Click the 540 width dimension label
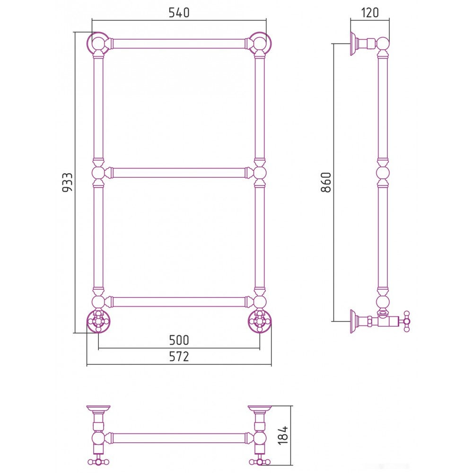(x=179, y=13)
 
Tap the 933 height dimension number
(x=67, y=182)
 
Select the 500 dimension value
(x=179, y=340)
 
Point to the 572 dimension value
(x=179, y=357)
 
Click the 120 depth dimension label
(x=370, y=13)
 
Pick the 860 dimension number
(x=326, y=182)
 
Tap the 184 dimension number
(x=283, y=435)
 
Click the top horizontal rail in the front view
(x=179, y=44)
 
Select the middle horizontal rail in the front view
(x=179, y=173)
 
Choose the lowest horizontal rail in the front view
(x=179, y=302)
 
